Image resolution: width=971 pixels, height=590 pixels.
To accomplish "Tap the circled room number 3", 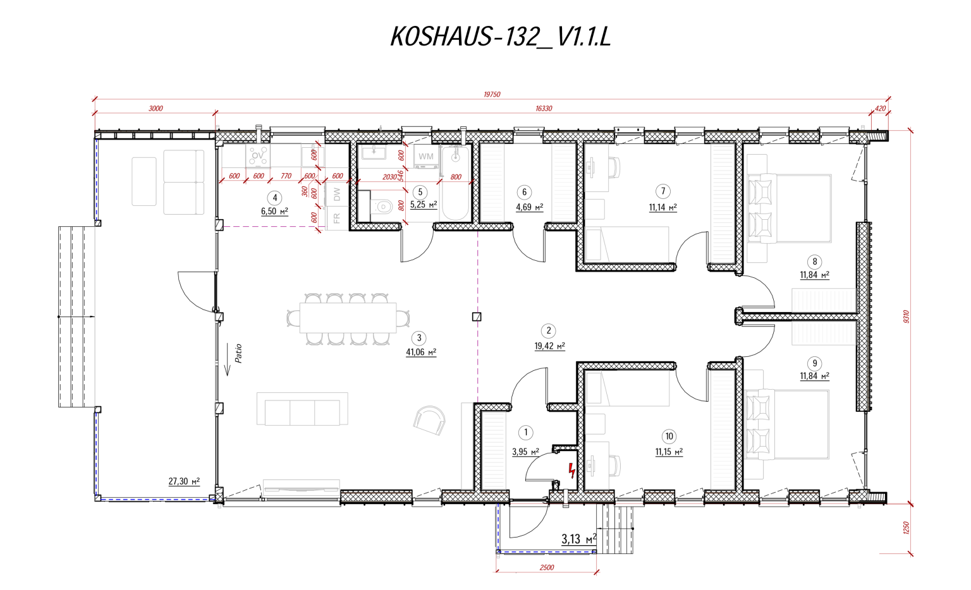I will [x=418, y=339].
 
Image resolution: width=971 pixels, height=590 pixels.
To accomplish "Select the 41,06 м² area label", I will [x=421, y=352].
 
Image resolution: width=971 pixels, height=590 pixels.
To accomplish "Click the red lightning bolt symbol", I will [x=571, y=470].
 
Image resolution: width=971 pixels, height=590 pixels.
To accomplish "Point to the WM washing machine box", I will [x=426, y=157].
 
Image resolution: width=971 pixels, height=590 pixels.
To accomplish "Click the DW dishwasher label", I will [x=337, y=195].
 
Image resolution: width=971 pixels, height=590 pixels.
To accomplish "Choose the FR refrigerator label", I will [x=337, y=218].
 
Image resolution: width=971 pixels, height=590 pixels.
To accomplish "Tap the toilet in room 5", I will [x=382, y=207].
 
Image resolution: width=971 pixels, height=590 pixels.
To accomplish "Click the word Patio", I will [x=238, y=353].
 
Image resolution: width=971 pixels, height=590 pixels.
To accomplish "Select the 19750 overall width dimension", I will [x=492, y=94].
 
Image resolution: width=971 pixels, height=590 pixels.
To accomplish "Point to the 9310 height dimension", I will [x=906, y=316].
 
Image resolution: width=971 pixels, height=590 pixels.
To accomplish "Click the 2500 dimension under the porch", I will [x=547, y=567].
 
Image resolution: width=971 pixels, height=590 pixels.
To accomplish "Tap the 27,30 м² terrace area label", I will [x=184, y=481].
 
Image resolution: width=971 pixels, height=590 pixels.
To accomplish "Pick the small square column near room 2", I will [x=477, y=317].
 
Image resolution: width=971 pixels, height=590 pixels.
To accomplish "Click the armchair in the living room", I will [x=430, y=419].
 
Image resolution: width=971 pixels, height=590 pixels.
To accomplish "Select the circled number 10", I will [x=669, y=436].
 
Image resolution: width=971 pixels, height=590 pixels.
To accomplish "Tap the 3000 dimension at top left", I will [x=156, y=109].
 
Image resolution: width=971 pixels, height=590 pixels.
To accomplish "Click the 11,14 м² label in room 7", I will [x=663, y=207].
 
